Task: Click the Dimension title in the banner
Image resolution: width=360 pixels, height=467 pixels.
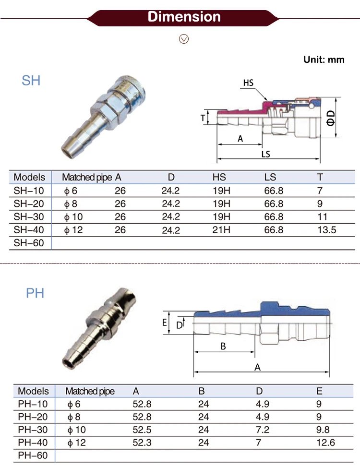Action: coord(184,17)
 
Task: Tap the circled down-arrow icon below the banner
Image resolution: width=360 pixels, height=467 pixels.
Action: coord(184,39)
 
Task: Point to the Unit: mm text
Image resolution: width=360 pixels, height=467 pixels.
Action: coord(324,60)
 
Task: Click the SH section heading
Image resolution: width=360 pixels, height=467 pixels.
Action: coord(31,81)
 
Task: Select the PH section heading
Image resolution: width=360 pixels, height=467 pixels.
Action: coord(35,293)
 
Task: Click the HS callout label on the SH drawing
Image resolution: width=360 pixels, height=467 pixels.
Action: coord(248,83)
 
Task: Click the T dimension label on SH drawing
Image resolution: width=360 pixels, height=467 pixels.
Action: coord(203,117)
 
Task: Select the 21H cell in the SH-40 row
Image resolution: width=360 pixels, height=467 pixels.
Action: coord(221,230)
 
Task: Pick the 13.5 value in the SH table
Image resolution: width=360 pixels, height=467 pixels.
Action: coord(326,230)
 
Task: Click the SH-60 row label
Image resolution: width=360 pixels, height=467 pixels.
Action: coord(29,243)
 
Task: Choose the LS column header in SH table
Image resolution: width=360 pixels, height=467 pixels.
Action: coord(270,177)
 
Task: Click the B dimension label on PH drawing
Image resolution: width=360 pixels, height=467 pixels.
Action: coord(223,346)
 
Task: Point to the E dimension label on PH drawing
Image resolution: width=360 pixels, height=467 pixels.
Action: coord(165,323)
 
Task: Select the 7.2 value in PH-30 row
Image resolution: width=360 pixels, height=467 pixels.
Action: coord(263,430)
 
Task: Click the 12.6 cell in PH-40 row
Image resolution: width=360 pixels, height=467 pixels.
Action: coord(325,442)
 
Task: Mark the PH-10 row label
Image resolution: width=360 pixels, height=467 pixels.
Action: coord(33,404)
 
